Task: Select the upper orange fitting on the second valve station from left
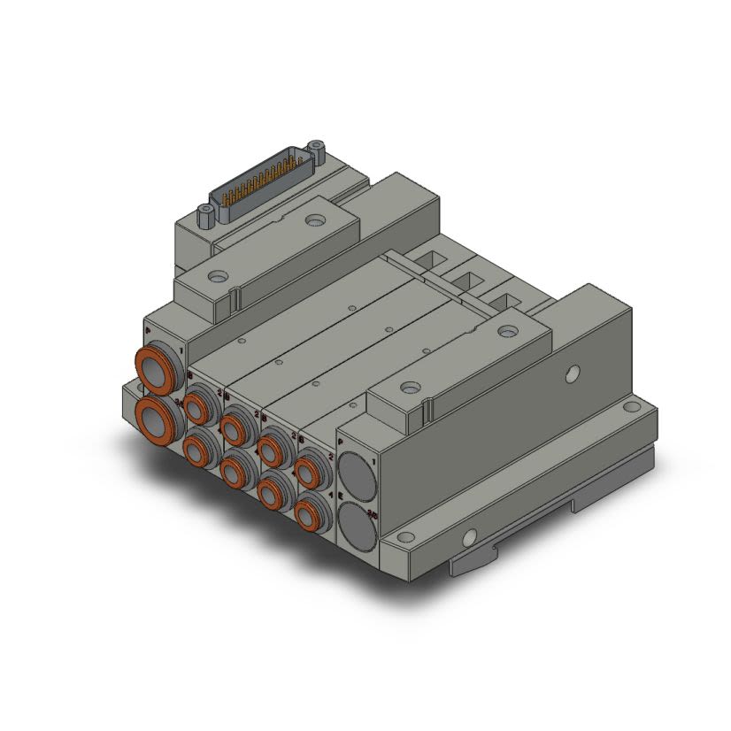(234, 429)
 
